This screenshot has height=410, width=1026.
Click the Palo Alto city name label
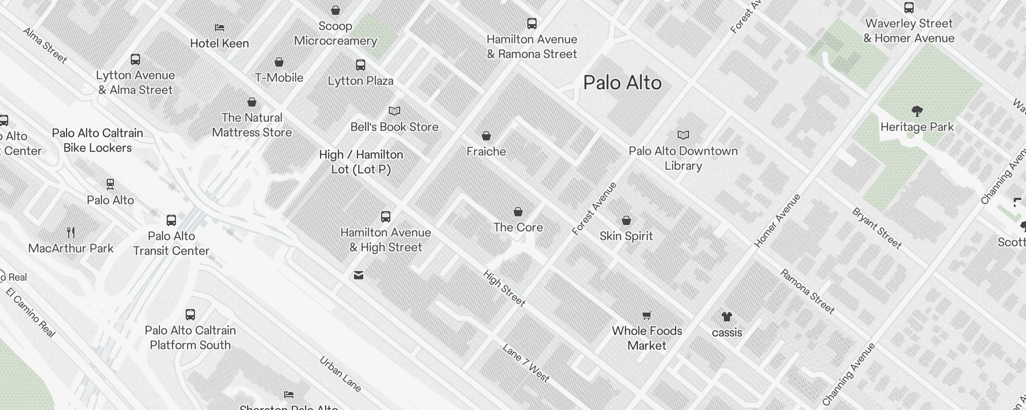click(x=622, y=83)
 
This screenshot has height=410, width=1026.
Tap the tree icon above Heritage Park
click(x=917, y=111)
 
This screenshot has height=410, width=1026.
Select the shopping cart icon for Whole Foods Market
click(x=647, y=315)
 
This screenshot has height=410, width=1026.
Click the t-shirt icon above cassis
click(x=726, y=317)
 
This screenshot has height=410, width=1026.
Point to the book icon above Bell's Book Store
click(x=394, y=111)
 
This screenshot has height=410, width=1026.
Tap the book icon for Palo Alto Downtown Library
click(x=683, y=135)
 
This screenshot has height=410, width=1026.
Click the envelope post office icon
click(x=359, y=276)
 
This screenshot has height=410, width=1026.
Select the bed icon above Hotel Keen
click(x=220, y=28)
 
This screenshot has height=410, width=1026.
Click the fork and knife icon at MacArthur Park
click(x=71, y=233)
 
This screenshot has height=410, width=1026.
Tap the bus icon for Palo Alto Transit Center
click(x=171, y=220)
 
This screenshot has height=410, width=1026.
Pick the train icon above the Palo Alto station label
click(x=110, y=184)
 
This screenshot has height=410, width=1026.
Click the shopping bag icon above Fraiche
click(x=486, y=136)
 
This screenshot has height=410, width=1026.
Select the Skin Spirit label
click(x=626, y=236)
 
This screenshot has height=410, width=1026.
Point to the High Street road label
click(x=504, y=288)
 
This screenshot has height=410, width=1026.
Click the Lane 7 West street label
click(x=526, y=363)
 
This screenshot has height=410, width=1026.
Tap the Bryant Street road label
click(x=877, y=228)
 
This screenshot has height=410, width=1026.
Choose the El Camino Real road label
click(x=31, y=313)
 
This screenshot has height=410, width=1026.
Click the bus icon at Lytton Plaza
click(x=361, y=65)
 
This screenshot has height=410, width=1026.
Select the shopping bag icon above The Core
click(x=518, y=212)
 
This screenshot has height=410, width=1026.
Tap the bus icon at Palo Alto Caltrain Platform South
click(x=190, y=315)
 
